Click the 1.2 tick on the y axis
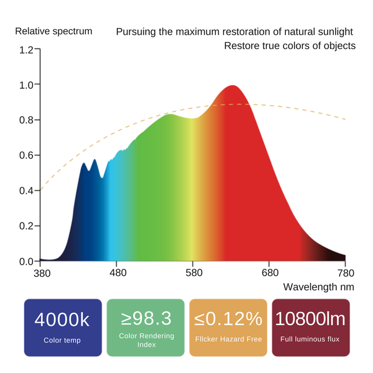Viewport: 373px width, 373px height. (x=26, y=49)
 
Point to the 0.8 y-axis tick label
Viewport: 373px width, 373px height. (x=26, y=120)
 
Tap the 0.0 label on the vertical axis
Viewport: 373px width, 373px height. (x=26, y=261)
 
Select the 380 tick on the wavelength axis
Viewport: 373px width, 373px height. (x=41, y=273)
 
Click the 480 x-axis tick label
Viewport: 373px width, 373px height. (x=117, y=273)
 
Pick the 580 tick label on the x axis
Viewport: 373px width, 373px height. (x=193, y=273)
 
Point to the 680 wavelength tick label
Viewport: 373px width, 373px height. (x=270, y=273)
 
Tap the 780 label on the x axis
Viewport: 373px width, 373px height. (x=346, y=273)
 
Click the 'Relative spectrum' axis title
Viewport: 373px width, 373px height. (x=53, y=31)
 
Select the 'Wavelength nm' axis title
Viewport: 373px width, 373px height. (x=318, y=287)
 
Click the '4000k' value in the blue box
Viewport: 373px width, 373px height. (x=62, y=320)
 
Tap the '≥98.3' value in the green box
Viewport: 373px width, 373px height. (x=145, y=318)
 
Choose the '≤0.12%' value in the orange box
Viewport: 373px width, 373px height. (x=228, y=319)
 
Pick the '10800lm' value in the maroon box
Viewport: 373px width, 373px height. (x=310, y=319)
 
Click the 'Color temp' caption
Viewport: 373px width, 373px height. (x=62, y=340)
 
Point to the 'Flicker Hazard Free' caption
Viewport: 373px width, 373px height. (x=228, y=339)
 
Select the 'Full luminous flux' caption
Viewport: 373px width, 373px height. (x=310, y=339)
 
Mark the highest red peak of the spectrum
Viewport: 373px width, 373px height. (x=233, y=86)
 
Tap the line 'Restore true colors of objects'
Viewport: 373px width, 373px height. (x=289, y=46)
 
